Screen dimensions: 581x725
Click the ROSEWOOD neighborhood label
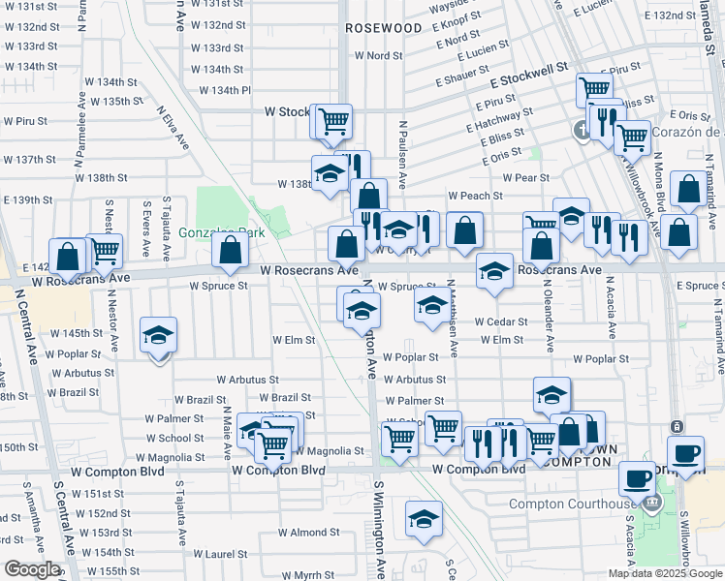(x=384, y=28)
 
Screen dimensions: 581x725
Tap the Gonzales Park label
(x=209, y=232)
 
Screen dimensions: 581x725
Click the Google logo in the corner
(x=32, y=569)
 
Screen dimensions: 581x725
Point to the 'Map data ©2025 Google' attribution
(x=666, y=573)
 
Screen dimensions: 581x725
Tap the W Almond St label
(x=308, y=533)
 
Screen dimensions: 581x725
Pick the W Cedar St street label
(x=500, y=322)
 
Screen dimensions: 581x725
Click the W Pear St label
(x=526, y=177)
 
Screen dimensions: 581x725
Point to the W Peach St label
(x=474, y=196)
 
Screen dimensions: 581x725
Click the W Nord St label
(x=378, y=55)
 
